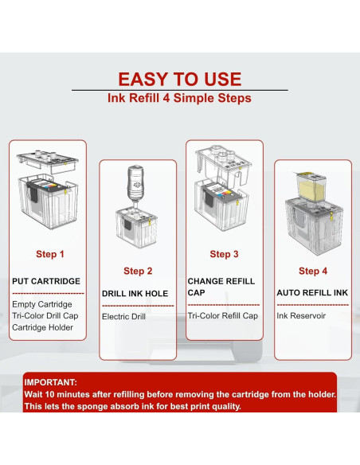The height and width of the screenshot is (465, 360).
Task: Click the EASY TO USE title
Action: click(x=180, y=79)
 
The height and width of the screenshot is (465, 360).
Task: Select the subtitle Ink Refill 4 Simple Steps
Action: click(x=179, y=98)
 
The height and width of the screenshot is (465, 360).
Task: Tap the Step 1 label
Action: click(x=50, y=254)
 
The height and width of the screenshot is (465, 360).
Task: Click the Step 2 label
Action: click(x=138, y=271)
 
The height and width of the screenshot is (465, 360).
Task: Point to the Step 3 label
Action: click(x=224, y=254)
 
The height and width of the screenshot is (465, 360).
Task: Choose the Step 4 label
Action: click(x=313, y=271)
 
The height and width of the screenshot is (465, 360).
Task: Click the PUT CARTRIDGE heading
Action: click(x=46, y=281)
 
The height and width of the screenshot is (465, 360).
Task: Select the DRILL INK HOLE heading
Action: click(x=135, y=294)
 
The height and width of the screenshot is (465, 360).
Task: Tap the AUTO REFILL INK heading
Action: click(x=312, y=293)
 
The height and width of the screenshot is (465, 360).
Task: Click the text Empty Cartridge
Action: click(x=42, y=304)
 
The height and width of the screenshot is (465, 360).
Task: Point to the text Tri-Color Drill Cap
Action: click(x=45, y=316)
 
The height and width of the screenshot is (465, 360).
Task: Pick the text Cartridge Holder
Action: click(x=42, y=327)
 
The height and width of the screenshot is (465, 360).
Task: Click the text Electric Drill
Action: click(x=123, y=317)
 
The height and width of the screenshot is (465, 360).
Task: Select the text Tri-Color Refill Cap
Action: click(x=223, y=316)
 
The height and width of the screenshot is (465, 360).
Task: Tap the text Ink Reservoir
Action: click(x=301, y=316)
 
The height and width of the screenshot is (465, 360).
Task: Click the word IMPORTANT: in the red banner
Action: click(x=51, y=382)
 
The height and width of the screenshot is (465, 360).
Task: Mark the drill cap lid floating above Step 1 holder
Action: click(x=48, y=161)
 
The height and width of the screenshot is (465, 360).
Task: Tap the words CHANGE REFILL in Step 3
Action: click(x=221, y=281)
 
